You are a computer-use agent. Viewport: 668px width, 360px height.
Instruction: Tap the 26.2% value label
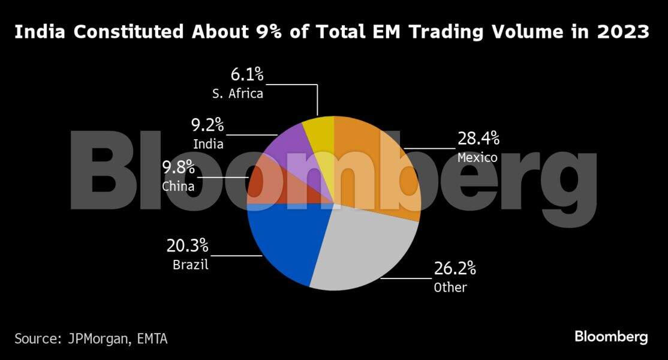click(455, 268)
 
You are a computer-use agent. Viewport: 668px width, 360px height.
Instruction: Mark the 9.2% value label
click(207, 125)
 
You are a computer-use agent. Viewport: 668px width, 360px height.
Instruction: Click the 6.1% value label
click(247, 75)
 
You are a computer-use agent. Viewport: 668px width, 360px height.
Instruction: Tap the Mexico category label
click(477, 158)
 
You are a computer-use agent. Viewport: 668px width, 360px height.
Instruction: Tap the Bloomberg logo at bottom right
click(611, 337)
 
